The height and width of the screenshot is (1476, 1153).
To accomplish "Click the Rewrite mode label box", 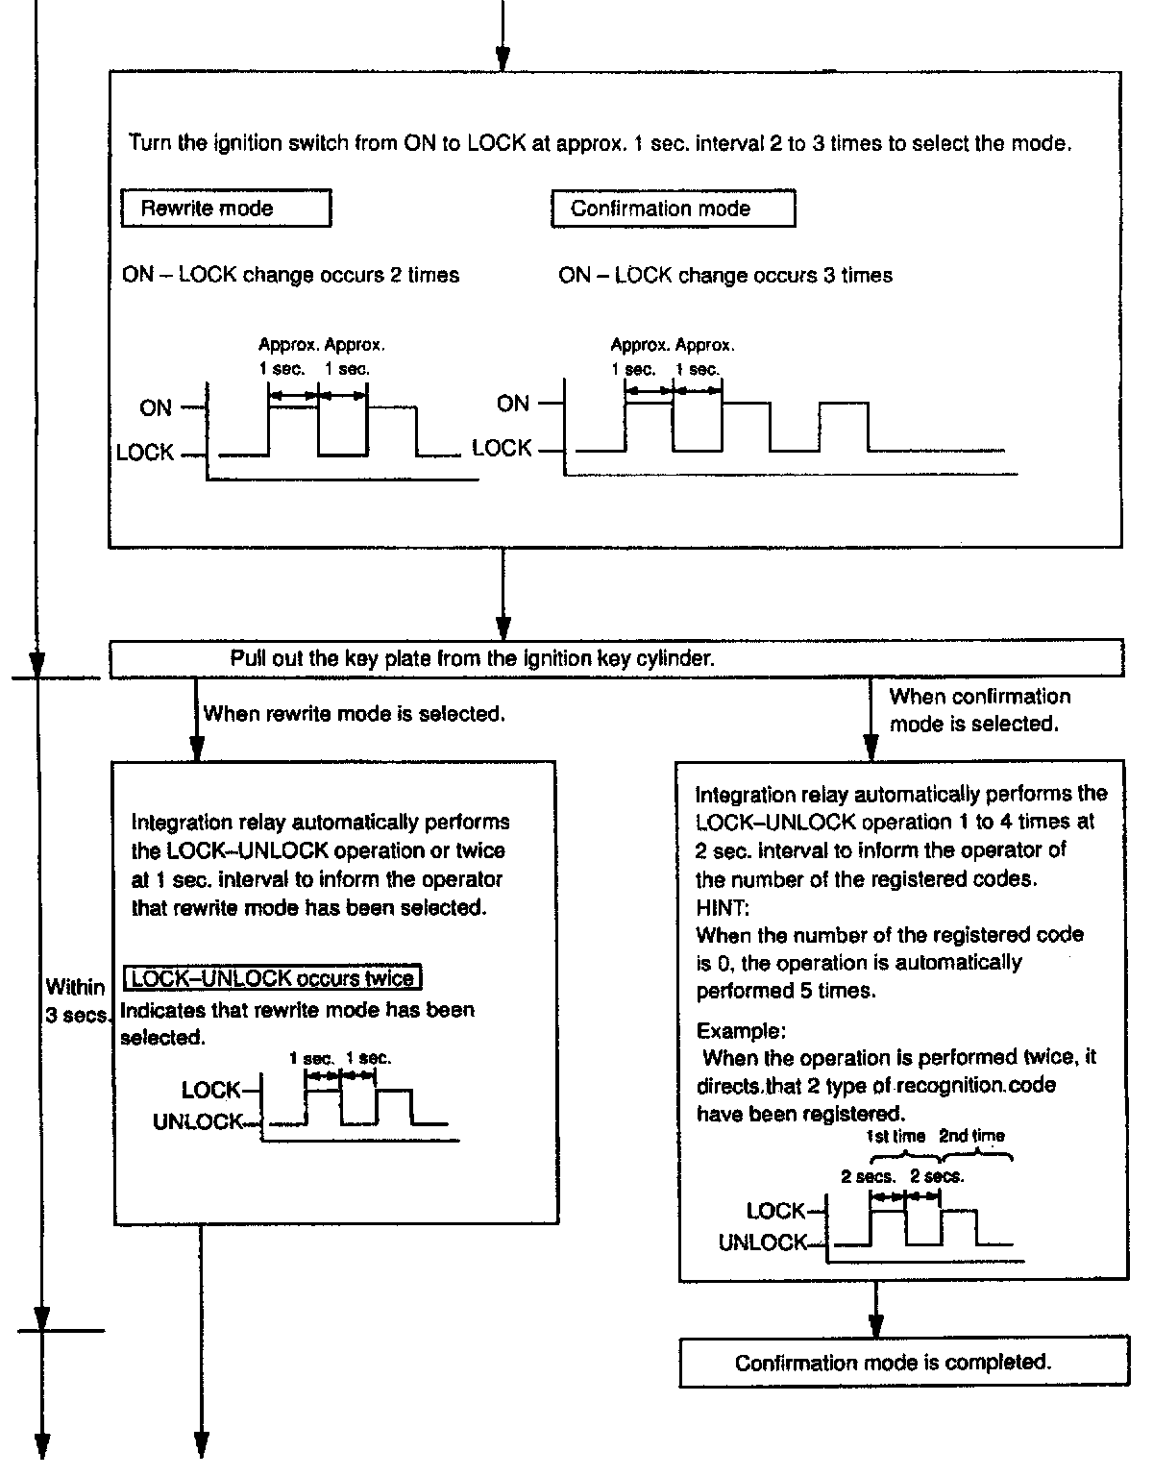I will click(x=226, y=209).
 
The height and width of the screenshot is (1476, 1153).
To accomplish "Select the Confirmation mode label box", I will click(x=673, y=209).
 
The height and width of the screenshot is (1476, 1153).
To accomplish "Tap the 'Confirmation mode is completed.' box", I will click(x=894, y=1363).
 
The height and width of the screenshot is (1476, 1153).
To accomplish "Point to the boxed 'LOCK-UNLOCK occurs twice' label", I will click(x=274, y=979).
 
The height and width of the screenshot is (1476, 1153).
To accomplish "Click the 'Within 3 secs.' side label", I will click(x=75, y=1001).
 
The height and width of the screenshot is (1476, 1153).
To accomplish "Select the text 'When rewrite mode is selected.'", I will click(x=354, y=714).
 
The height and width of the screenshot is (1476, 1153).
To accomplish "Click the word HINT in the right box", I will click(x=715, y=907).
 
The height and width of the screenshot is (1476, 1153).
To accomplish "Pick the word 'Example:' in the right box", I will click(x=741, y=1031).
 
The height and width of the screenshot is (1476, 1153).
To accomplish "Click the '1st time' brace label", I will click(x=895, y=1137).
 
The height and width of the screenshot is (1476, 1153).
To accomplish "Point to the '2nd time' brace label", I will click(x=971, y=1137).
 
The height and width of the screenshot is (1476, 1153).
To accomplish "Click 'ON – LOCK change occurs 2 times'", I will click(x=290, y=276).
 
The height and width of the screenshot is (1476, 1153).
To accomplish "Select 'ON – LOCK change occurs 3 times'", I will click(x=724, y=276).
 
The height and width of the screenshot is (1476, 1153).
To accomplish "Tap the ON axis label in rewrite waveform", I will click(x=155, y=408).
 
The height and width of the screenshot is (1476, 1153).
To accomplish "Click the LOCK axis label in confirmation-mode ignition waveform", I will click(x=502, y=449).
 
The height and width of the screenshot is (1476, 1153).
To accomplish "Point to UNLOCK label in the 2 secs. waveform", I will click(x=762, y=1243).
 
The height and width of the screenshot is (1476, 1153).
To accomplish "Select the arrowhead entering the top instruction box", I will click(x=502, y=60).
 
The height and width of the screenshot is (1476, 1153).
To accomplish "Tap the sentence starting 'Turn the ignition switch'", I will click(x=600, y=144).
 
